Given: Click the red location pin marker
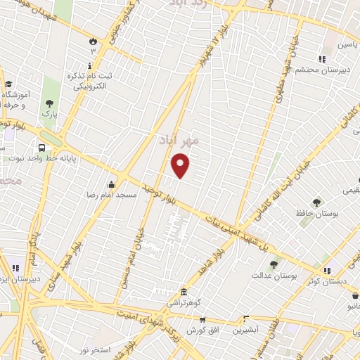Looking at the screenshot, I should point(181,165).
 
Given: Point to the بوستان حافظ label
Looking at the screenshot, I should point(316,212).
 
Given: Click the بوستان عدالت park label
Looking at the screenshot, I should point(274,275).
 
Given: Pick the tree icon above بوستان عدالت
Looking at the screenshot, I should point(274,264).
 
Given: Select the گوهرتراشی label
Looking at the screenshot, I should point(184,302).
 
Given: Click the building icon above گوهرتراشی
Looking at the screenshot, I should point(184,292).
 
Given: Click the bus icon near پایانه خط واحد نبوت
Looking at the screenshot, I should point(42,148).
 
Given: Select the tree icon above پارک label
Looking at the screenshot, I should point(50,103).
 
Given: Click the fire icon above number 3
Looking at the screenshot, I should point(91,41).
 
